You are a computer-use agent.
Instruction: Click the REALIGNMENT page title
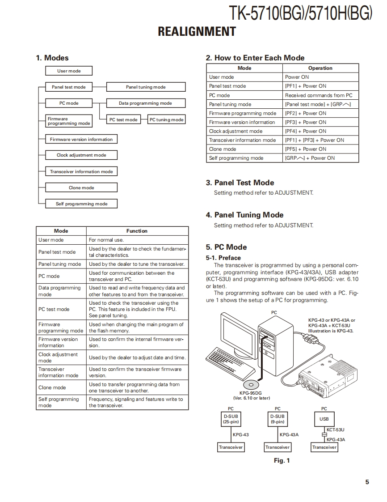coord(197,32)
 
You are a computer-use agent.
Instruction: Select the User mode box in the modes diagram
coord(69,71)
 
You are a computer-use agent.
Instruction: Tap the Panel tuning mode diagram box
coord(146,87)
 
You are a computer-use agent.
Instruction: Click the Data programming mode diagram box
coord(145,103)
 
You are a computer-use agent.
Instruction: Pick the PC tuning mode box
coord(166,119)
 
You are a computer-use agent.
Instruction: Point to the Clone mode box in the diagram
coord(81,188)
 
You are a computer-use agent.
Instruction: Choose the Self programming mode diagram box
coord(81,204)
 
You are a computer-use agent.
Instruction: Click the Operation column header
coord(320,68)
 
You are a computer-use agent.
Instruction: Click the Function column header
coord(137,231)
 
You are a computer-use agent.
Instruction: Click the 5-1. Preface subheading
coord(223,258)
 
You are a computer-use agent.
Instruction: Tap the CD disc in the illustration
coord(250,384)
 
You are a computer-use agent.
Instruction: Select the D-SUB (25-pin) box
coord(231,419)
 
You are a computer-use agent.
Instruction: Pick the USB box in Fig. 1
coord(324,419)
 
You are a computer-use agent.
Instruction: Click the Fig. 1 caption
coord(282,460)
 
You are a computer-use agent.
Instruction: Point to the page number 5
coord(367,482)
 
